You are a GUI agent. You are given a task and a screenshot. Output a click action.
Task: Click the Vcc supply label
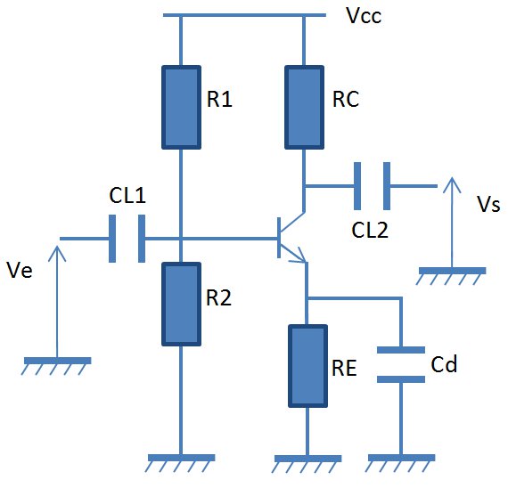[x=364, y=15]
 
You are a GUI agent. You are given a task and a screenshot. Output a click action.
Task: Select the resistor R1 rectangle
[x=182, y=108]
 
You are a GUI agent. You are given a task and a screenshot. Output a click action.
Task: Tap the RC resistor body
[x=304, y=108]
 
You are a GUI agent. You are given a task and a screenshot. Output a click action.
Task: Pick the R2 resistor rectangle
[x=182, y=304]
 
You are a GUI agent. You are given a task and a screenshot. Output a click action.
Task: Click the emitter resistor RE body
[x=307, y=366]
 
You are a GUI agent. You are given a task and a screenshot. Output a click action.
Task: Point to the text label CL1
[x=127, y=196]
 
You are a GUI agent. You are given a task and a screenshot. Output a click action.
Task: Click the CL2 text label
[x=370, y=231]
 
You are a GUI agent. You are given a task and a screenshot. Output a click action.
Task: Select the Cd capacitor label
[x=444, y=364]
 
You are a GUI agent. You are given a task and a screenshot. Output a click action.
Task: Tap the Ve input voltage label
[x=20, y=270]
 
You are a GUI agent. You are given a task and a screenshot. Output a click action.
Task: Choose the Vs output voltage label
[x=488, y=204]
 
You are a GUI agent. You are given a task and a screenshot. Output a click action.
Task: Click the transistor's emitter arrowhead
[x=300, y=256]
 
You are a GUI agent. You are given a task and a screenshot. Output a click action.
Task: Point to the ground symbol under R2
[x=181, y=463]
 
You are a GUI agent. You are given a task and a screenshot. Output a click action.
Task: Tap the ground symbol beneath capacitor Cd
[x=401, y=463]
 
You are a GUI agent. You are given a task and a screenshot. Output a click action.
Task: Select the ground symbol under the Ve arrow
[x=57, y=366]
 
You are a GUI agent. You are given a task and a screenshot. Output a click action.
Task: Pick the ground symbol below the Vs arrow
[x=451, y=276]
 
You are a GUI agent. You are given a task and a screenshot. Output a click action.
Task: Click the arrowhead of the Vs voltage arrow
[x=452, y=185]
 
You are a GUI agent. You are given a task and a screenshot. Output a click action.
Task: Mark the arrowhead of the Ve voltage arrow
[x=57, y=254]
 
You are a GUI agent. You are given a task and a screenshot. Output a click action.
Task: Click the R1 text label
[x=219, y=99]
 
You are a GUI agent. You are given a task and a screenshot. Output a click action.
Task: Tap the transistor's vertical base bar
[x=279, y=238]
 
